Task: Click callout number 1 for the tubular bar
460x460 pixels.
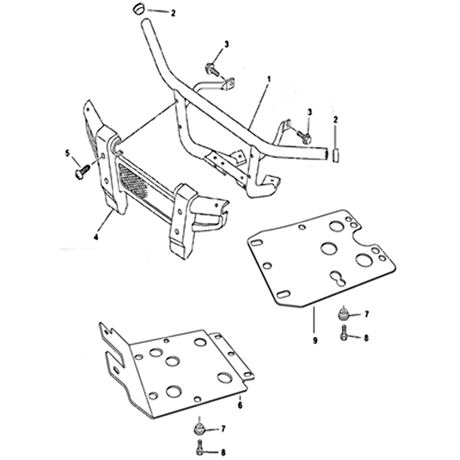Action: point(269,79)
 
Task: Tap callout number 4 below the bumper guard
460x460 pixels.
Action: point(96,237)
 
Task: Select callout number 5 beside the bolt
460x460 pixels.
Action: point(68,153)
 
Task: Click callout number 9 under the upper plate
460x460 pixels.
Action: point(315,340)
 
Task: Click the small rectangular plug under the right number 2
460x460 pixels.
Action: point(335,155)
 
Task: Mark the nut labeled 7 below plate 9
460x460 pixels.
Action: point(342,314)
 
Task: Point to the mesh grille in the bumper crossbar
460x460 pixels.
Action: point(133,180)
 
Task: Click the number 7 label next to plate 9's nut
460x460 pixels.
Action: point(366,315)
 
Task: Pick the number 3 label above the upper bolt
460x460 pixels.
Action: point(226,45)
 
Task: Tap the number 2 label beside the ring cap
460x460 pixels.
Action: point(173,13)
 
